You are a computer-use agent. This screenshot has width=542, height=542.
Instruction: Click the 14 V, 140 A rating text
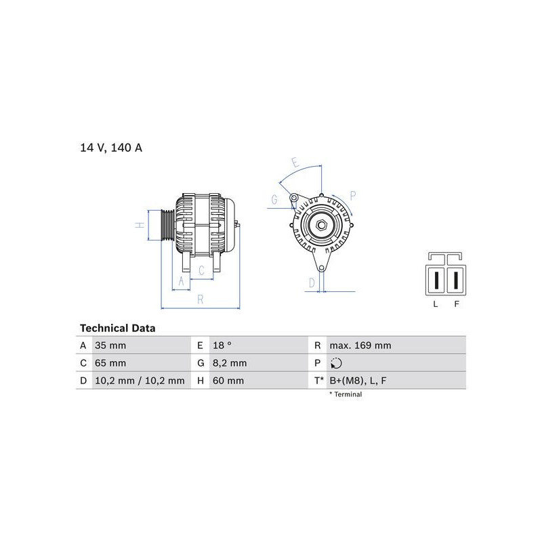[111, 148]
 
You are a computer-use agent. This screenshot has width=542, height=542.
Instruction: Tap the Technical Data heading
[117, 328]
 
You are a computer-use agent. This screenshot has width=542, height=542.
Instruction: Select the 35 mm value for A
[110, 346]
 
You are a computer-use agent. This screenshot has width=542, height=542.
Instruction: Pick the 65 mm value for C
[110, 363]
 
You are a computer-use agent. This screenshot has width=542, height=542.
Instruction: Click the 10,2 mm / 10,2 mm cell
[140, 381]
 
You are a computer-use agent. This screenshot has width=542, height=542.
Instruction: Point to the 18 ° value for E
[222, 346]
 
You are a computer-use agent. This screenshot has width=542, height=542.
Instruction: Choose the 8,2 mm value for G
[230, 363]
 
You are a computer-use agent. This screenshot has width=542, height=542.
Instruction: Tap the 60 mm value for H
[228, 381]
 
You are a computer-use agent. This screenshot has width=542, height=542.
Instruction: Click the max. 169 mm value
[360, 346]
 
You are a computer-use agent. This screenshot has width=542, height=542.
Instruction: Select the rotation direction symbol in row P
[336, 363]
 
